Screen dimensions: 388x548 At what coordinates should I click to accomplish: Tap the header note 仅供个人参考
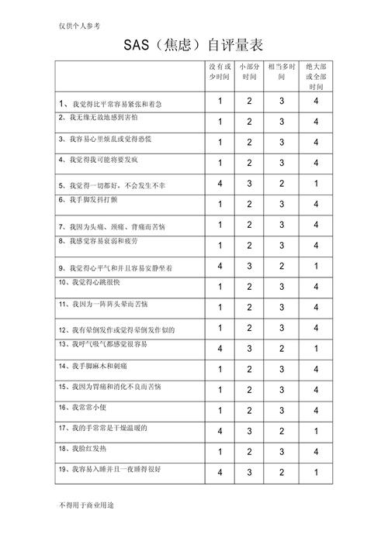pyautogui.click(x=81, y=24)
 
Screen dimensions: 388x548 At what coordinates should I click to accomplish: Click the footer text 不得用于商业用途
pyautogui.click(x=86, y=505)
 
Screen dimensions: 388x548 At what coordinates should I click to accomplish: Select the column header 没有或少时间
pyautogui.click(x=220, y=72)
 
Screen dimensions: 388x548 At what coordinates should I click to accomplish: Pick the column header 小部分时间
pyautogui.click(x=250, y=72)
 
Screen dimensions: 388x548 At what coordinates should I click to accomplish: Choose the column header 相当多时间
pyautogui.click(x=282, y=72)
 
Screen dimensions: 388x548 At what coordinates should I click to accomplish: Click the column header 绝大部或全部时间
pyautogui.click(x=316, y=72)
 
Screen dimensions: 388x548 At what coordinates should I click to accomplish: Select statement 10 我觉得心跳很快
pyautogui.click(x=92, y=283)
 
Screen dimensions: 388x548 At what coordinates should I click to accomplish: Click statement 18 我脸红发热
pyautogui.click(x=87, y=448)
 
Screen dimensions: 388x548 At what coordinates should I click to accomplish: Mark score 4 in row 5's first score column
pyautogui.click(x=220, y=184)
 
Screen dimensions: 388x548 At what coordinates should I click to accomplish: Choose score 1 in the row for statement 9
pyautogui.click(x=316, y=266)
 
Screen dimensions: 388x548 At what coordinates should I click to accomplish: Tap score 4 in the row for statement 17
pyautogui.click(x=220, y=431)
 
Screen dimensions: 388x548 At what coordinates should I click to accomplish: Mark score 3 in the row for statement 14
pyautogui.click(x=282, y=369)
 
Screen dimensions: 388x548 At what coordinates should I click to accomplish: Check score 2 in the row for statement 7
pyautogui.click(x=250, y=225)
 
